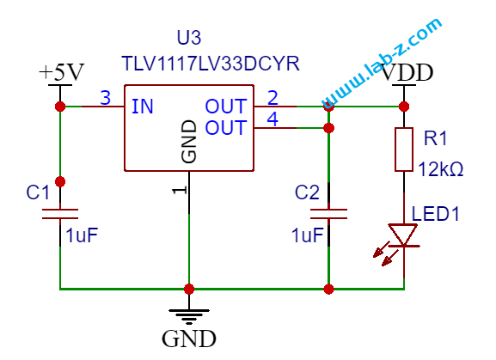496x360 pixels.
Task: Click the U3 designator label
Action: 189,38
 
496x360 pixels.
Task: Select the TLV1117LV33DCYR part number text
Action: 211,64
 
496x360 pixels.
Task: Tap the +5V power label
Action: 61,72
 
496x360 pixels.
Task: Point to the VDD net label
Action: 407,72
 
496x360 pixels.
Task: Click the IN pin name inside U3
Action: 143,107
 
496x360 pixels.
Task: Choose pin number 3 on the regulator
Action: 106,98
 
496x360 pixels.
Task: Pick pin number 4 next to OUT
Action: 272,119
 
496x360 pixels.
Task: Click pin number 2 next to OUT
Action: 272,98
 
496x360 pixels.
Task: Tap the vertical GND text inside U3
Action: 189,142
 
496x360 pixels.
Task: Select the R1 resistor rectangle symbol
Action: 404,149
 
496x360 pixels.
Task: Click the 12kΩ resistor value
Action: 441,169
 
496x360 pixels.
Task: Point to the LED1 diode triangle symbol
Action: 402,235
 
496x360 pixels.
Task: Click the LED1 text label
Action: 435,214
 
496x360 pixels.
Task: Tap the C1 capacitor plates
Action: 60,214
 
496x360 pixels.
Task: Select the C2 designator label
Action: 307,192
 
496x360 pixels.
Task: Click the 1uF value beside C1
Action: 82,235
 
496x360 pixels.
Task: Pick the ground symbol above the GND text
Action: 189,317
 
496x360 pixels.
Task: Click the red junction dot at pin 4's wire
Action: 329,128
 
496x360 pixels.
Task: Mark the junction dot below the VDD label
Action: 404,107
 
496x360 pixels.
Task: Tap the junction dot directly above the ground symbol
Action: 189,289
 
